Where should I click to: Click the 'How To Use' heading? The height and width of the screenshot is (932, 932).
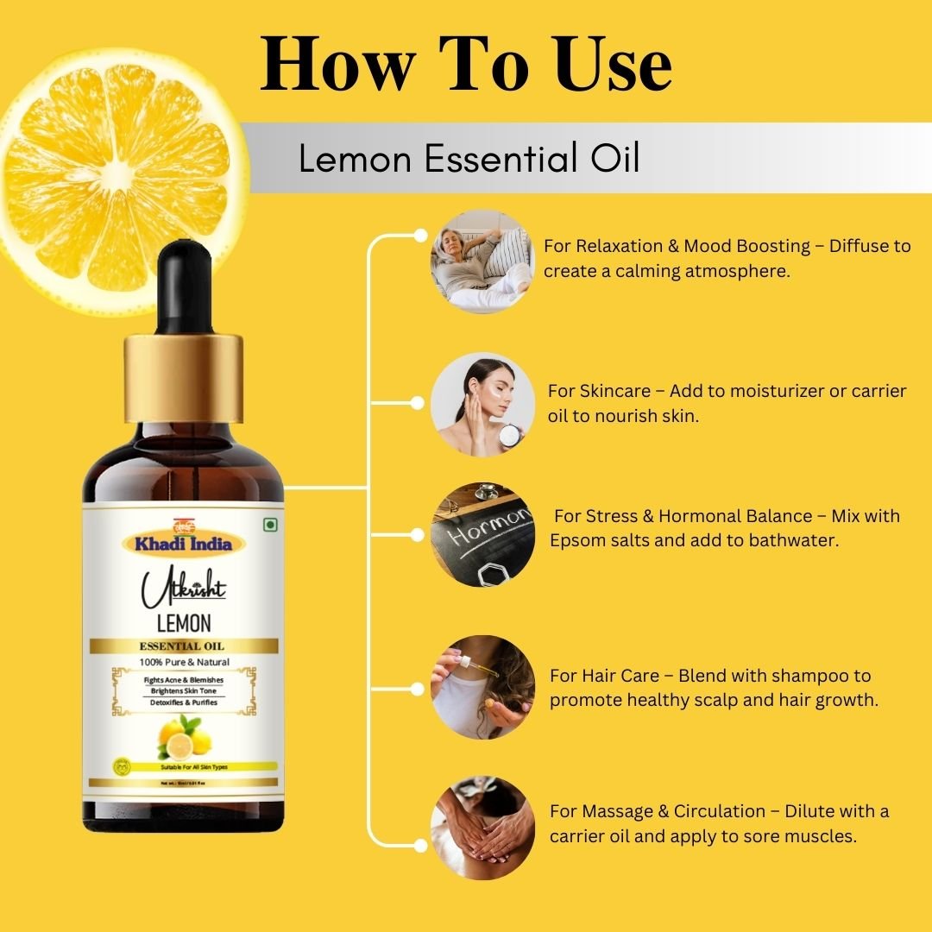click(466, 65)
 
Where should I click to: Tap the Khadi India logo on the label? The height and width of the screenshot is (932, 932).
click(183, 541)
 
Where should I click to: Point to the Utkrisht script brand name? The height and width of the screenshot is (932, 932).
click(183, 589)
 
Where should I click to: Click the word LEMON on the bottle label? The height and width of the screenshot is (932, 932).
click(183, 623)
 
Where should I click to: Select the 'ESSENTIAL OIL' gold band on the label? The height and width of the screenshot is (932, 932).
click(183, 646)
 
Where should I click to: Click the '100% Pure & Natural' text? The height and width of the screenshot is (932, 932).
click(183, 663)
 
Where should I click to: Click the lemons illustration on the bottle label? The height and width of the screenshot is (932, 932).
click(183, 738)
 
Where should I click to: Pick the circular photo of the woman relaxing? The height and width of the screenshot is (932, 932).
click(482, 261)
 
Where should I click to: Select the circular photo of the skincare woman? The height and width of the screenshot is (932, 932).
click(482, 403)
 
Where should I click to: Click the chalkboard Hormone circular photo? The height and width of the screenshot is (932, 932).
click(482, 534)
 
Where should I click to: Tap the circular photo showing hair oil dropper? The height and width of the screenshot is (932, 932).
click(482, 687)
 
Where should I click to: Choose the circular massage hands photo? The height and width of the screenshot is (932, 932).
click(482, 827)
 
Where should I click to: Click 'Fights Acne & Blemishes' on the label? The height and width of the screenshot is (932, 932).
click(183, 680)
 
